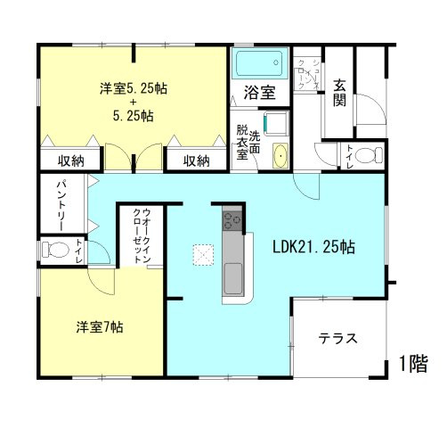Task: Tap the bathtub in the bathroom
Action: click(x=258, y=64)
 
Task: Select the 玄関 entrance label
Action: click(x=340, y=92)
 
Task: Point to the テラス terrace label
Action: click(x=338, y=339)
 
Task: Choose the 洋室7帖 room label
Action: click(x=98, y=326)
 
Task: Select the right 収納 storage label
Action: click(x=197, y=161)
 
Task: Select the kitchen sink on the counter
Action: click(x=232, y=277)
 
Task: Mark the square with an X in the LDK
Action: click(x=204, y=256)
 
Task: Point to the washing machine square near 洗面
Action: click(x=275, y=122)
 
